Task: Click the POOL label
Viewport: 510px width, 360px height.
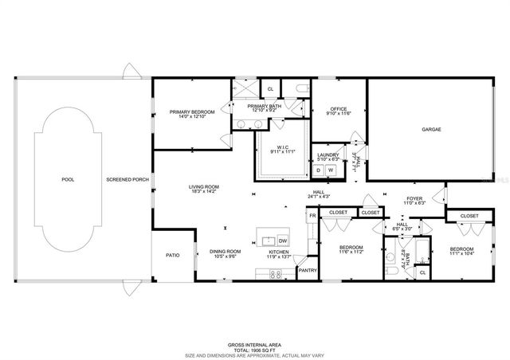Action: tap(68, 179)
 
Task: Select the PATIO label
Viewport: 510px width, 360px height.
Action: tap(172, 256)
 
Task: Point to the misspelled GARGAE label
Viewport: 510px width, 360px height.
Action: tap(431, 129)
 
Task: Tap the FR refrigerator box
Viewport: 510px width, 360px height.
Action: tap(313, 215)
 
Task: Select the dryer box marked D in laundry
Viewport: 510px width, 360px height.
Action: tap(320, 170)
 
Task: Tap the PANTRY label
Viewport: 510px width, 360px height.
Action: tap(308, 271)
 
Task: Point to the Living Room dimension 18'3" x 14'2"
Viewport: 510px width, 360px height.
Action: tap(203, 192)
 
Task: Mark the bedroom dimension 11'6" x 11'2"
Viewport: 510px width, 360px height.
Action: tap(351, 252)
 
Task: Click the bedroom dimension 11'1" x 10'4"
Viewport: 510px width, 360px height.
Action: tap(462, 253)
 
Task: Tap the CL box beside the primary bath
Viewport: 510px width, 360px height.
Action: tap(270, 88)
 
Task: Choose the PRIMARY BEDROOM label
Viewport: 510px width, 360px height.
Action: tap(188, 112)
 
